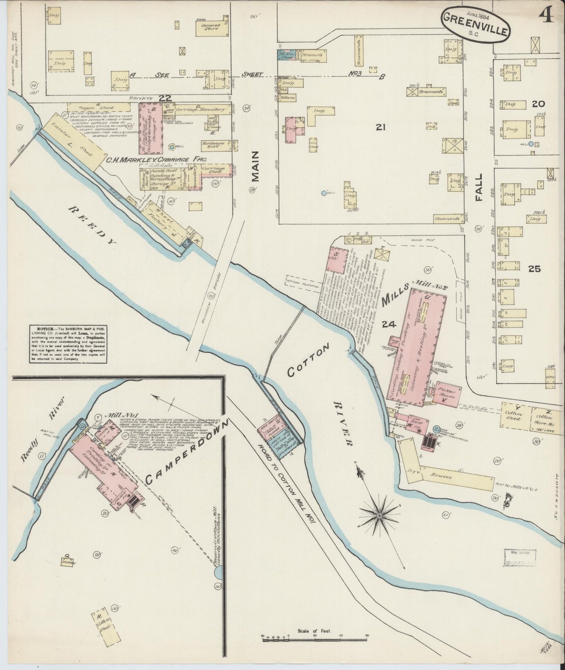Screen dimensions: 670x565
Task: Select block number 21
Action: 378,127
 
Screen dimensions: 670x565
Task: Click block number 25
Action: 534,269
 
